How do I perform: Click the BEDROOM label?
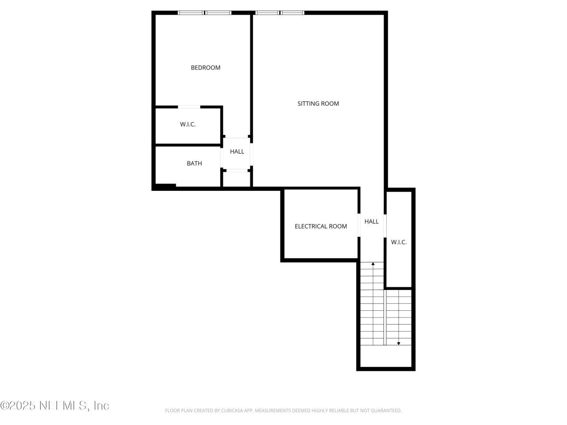[206, 68]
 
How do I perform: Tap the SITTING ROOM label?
[318, 104]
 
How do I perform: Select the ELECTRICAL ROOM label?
[321, 226]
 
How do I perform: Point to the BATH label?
[194, 163]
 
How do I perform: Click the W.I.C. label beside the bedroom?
[188, 124]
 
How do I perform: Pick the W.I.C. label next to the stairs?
[399, 242]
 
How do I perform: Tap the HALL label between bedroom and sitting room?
[237, 151]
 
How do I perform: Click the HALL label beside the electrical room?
[372, 221]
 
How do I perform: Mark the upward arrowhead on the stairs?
[373, 264]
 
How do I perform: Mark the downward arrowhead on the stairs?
[399, 343]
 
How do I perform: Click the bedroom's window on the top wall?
[205, 13]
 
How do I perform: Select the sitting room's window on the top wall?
[280, 13]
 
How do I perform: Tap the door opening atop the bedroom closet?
[189, 107]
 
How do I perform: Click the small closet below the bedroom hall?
[237, 179]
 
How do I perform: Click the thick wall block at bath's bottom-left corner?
[165, 187]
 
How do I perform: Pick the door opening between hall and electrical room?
[359, 225]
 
